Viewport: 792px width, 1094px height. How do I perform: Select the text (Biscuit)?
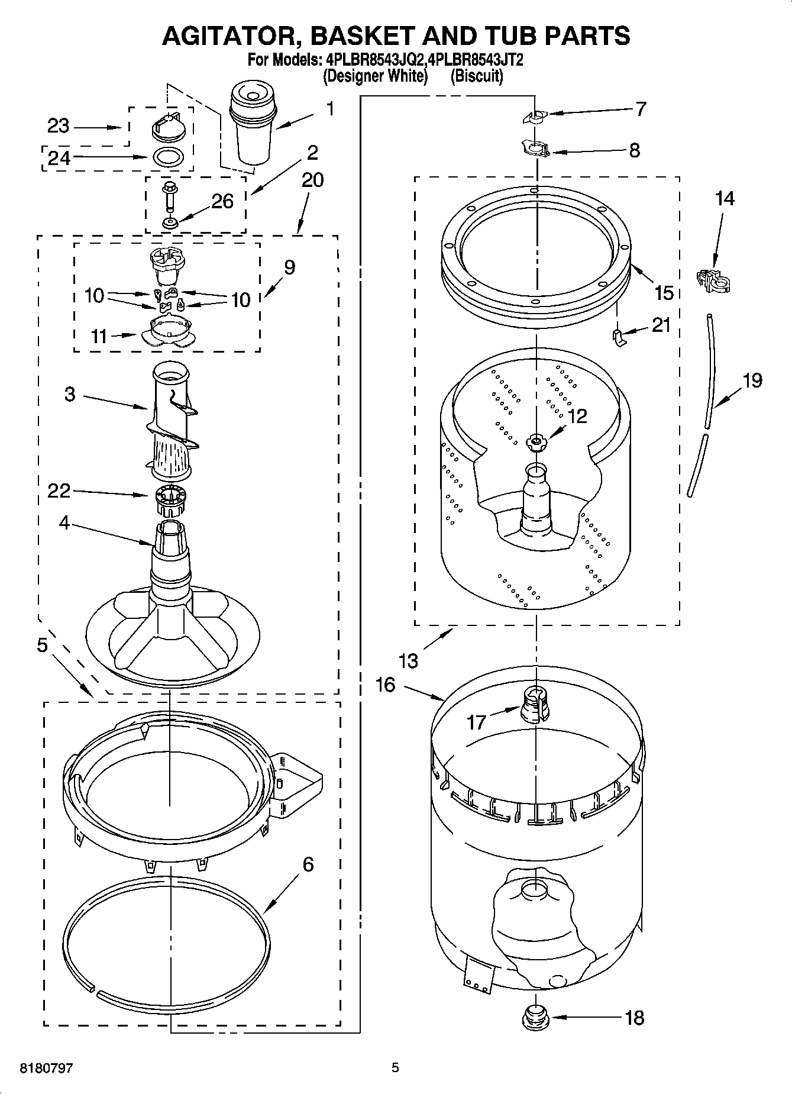click(x=477, y=76)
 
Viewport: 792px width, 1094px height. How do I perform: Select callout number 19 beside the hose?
click(x=752, y=380)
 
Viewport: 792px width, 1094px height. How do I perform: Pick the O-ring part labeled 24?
click(x=169, y=157)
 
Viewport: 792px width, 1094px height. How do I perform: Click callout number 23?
click(x=59, y=126)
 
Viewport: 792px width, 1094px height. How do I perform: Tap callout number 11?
click(x=99, y=336)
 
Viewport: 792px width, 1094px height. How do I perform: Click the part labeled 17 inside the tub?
click(x=534, y=705)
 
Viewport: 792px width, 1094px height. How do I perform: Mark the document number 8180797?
click(x=47, y=1068)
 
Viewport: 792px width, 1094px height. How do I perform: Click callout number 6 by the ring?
click(x=308, y=864)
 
